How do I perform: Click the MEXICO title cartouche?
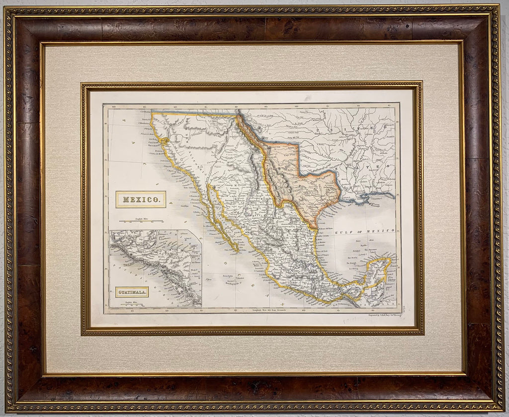(141, 199)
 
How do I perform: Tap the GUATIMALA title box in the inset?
(132, 292)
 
